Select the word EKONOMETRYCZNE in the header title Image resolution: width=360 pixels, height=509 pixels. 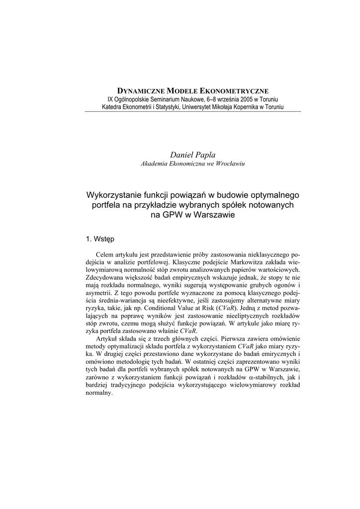pyautogui.click(x=235, y=91)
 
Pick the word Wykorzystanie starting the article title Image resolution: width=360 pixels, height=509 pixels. pyautogui.click(x=113, y=195)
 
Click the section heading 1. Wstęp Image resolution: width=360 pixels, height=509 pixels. pyautogui.click(x=100, y=239)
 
